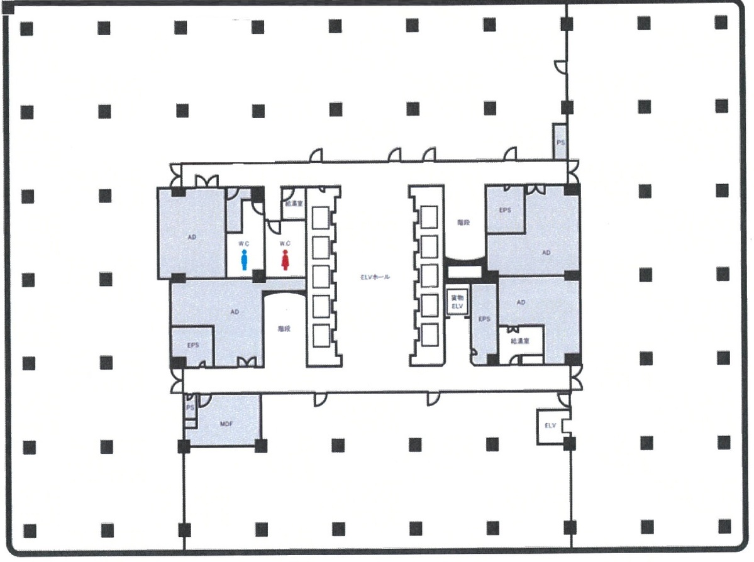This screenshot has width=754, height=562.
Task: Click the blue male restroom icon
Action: [245, 259]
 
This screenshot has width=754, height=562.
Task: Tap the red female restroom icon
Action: [285, 259]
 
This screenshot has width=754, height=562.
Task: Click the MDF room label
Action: [226, 424]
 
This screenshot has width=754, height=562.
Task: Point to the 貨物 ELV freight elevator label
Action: [455, 302]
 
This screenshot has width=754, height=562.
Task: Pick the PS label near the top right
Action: [560, 143]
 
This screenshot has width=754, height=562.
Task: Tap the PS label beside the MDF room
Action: [189, 408]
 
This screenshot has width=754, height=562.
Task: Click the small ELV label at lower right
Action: [551, 426]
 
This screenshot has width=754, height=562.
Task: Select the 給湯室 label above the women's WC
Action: [293, 204]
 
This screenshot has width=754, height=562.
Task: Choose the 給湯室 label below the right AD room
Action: [521, 341]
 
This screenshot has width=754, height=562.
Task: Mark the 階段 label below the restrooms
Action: [285, 328]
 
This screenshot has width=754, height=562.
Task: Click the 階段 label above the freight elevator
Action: [464, 223]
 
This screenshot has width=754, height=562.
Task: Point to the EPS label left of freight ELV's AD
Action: [484, 319]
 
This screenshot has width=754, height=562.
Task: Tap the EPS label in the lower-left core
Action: [193, 344]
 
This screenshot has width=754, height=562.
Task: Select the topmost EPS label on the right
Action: [505, 210]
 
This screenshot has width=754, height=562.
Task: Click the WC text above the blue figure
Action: [245, 243]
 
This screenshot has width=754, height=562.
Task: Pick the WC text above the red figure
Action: [285, 243]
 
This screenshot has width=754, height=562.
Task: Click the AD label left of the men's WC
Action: [192, 238]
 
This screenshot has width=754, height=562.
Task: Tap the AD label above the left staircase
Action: [235, 312]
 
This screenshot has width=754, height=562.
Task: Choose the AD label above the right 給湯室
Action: [521, 302]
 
